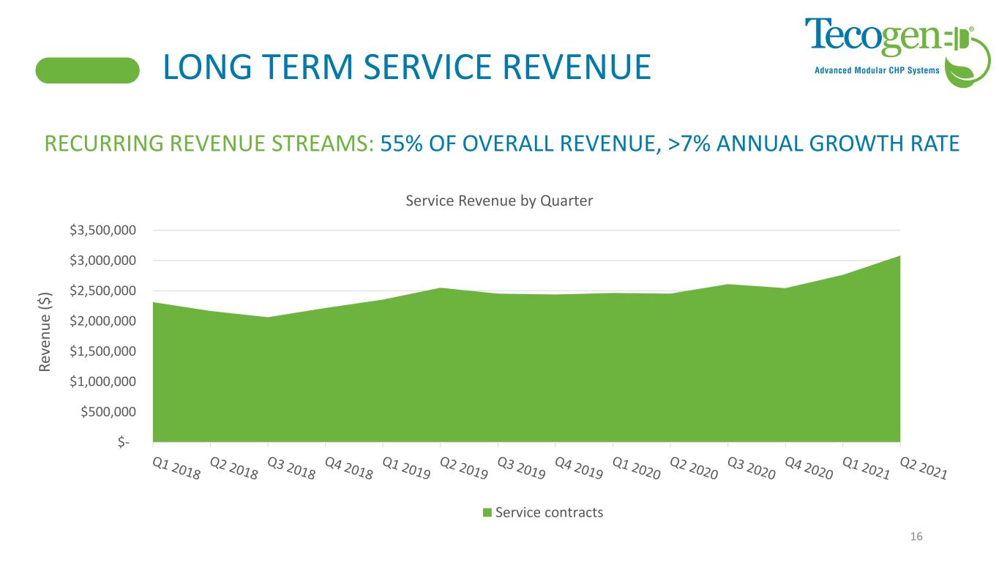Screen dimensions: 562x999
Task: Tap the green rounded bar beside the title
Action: click(x=88, y=70)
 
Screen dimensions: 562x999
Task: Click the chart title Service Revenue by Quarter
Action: click(x=499, y=201)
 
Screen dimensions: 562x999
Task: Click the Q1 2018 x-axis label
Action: click(x=176, y=468)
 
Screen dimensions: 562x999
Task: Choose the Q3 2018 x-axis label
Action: click(x=291, y=468)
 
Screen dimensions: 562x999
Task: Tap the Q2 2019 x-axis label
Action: click(x=464, y=468)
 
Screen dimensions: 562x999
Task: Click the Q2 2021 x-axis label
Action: click(x=924, y=468)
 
